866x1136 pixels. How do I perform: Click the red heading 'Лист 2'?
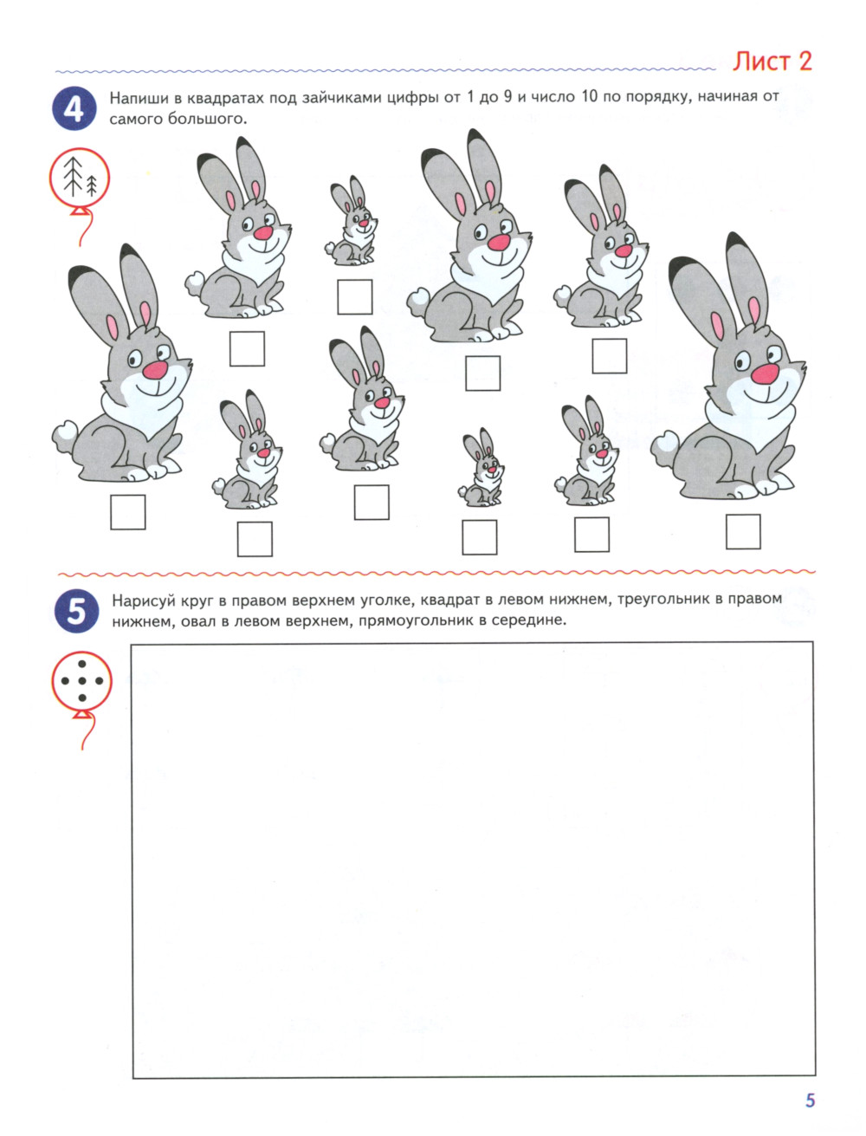click(x=772, y=62)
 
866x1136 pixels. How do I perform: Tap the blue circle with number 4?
click(x=74, y=108)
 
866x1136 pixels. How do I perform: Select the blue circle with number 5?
click(x=76, y=611)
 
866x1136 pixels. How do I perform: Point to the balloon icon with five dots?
click(x=81, y=681)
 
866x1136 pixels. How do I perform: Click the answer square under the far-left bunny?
click(x=128, y=512)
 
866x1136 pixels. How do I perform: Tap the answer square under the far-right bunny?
click(x=743, y=531)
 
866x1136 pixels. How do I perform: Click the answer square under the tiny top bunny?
click(x=355, y=297)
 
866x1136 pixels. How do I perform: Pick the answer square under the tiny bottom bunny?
click(x=479, y=537)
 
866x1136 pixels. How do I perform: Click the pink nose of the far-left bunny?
click(x=155, y=369)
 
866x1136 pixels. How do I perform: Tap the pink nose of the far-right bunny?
click(x=765, y=373)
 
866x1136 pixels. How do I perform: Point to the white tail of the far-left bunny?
click(x=64, y=436)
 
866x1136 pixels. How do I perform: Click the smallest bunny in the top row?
click(x=351, y=221)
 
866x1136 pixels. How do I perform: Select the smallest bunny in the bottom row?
click(x=481, y=467)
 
